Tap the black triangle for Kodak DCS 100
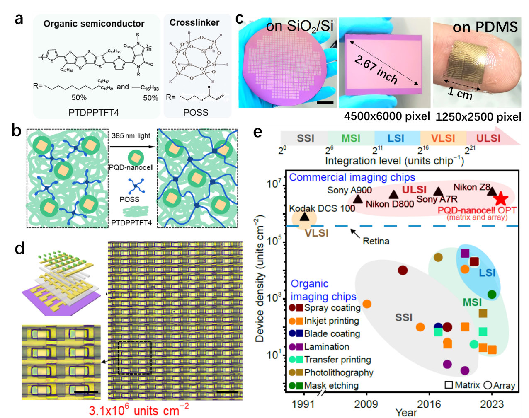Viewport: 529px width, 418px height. (305, 216)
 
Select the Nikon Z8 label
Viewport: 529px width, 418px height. (471, 187)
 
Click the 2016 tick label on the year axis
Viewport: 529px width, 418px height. (429, 404)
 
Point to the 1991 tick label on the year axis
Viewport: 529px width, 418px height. (303, 404)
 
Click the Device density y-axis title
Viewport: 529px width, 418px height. (260, 278)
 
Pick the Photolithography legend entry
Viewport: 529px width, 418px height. (338, 372)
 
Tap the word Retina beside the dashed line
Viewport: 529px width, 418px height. (376, 241)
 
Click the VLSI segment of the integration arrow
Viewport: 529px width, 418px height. (443, 138)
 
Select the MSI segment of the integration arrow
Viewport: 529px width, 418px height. (351, 138)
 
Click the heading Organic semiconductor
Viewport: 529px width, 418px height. (94, 24)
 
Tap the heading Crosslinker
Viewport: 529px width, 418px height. (194, 23)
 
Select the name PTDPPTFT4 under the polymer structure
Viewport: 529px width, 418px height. (94, 113)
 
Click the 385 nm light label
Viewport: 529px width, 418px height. (131, 136)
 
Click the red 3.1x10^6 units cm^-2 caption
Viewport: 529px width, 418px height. (139, 410)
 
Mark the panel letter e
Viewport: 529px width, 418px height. (257, 132)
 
